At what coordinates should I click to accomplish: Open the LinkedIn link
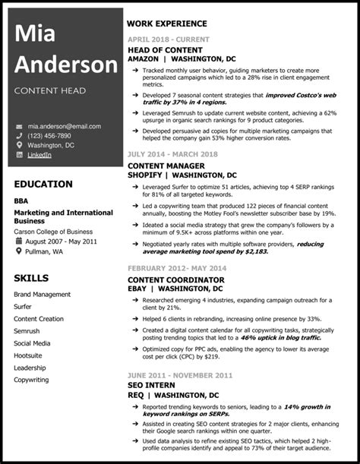click(39, 155)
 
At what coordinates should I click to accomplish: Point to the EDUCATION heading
click(43, 185)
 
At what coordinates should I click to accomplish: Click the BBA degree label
click(21, 200)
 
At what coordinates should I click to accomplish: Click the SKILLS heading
click(31, 278)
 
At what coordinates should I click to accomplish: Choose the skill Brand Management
click(42, 294)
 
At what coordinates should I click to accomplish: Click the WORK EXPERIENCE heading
click(167, 24)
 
